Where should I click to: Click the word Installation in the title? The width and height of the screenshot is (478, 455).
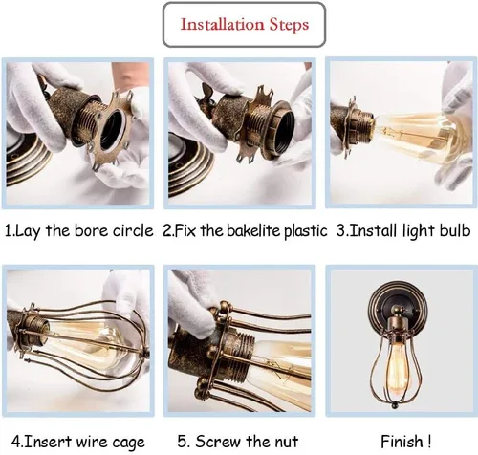(x=223, y=24)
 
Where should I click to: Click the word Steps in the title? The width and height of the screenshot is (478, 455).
(x=290, y=25)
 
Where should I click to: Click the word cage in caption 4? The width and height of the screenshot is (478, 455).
(x=128, y=443)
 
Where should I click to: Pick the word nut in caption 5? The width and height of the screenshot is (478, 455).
(x=288, y=442)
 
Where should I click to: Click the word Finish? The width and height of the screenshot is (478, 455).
(x=402, y=442)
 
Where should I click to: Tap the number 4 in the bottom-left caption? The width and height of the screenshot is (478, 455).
(x=15, y=442)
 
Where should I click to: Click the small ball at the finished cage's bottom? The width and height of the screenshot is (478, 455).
(x=395, y=404)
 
